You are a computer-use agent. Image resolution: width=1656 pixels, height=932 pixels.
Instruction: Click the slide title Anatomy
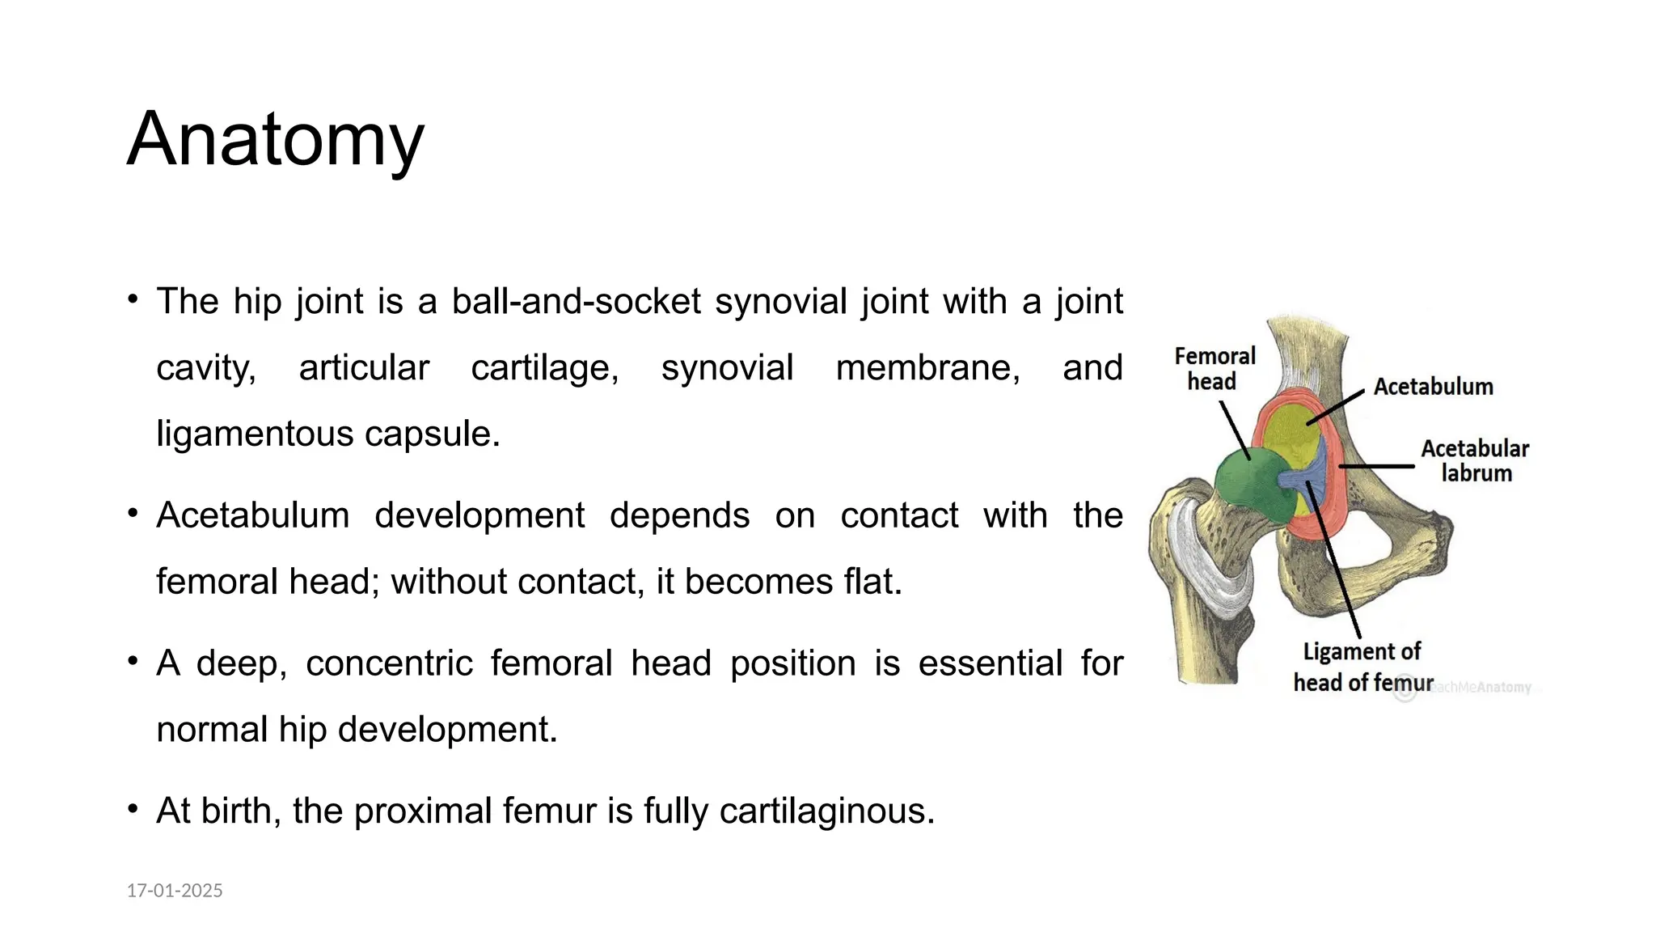[x=275, y=139]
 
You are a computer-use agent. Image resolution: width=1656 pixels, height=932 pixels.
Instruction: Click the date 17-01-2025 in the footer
[x=175, y=891]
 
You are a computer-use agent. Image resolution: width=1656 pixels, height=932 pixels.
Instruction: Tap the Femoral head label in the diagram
[x=1214, y=369]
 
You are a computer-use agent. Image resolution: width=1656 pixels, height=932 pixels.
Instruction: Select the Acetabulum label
[x=1433, y=387]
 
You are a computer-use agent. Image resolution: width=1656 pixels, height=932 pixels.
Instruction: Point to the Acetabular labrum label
[x=1475, y=460]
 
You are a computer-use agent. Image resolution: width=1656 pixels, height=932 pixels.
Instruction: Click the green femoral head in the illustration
[x=1246, y=485]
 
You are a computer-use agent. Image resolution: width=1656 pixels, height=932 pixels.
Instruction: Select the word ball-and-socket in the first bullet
[x=576, y=302]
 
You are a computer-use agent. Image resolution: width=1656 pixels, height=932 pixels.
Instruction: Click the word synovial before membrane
[x=727, y=368]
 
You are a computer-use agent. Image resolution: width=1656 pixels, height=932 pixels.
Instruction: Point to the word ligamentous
[x=254, y=434]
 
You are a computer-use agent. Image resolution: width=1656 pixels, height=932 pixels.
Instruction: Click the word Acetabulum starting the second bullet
[x=252, y=515]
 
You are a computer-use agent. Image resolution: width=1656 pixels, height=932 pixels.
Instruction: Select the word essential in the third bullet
[x=990, y=663]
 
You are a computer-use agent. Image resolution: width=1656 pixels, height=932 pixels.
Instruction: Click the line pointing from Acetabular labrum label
[x=1377, y=467]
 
